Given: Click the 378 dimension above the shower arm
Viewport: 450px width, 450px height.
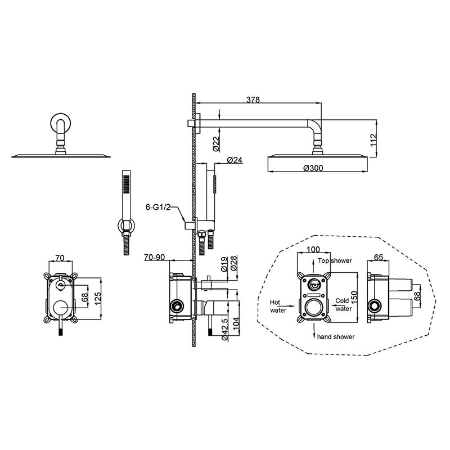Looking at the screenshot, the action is pos(253,100).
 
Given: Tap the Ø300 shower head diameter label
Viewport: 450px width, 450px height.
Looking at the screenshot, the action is pos(313,168).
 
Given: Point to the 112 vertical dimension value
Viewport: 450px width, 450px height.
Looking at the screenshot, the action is pos(373,140).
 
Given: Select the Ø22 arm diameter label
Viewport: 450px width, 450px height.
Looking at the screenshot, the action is pos(217,143).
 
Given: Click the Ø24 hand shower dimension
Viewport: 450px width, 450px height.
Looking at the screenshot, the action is pos(235,160).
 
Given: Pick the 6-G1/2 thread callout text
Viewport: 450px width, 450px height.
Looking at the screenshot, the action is pos(158,207).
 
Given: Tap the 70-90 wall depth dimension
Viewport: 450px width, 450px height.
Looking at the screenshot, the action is pos(154,258).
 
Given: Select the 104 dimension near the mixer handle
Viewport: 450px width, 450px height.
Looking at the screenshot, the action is pos(236,324).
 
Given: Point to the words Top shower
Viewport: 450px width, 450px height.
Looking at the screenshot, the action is pos(335,260).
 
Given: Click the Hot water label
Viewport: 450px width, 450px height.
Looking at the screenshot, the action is pos(277,306).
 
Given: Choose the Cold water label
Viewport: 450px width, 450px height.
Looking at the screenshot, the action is pos(343,305).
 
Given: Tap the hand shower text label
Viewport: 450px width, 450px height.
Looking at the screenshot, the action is pos(336,336).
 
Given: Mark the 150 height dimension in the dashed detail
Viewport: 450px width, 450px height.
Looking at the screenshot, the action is pos(354,298).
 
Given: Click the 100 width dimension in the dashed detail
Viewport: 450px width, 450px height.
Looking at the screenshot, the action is pos(313,249).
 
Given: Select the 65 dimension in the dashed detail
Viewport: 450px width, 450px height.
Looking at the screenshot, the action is pos(379,258).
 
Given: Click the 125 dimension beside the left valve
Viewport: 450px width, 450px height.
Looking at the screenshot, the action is pos(98,299).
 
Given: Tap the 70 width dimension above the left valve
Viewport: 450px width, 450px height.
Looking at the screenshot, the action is pos(60,258).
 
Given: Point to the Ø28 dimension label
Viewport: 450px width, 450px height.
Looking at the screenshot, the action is pos(233,263).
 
